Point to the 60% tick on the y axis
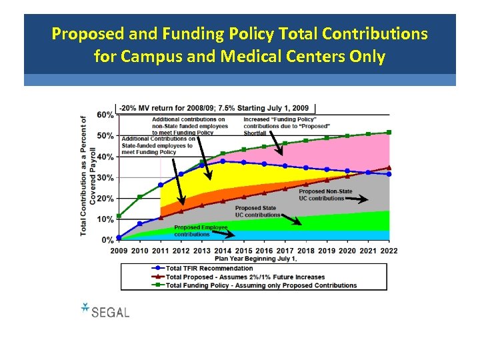[x=105, y=115]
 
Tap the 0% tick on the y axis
[x=107, y=240]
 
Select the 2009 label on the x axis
[x=119, y=250]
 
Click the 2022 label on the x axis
[x=388, y=250]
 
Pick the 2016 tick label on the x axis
[x=264, y=250]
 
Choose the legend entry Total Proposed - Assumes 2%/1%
[x=245, y=277]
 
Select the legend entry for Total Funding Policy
[x=261, y=285]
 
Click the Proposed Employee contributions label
[x=201, y=231]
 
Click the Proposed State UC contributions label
[x=255, y=211]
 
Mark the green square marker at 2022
[x=389, y=133]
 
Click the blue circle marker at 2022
[x=389, y=174]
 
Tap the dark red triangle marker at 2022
[x=389, y=167]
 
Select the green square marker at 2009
[x=119, y=216]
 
